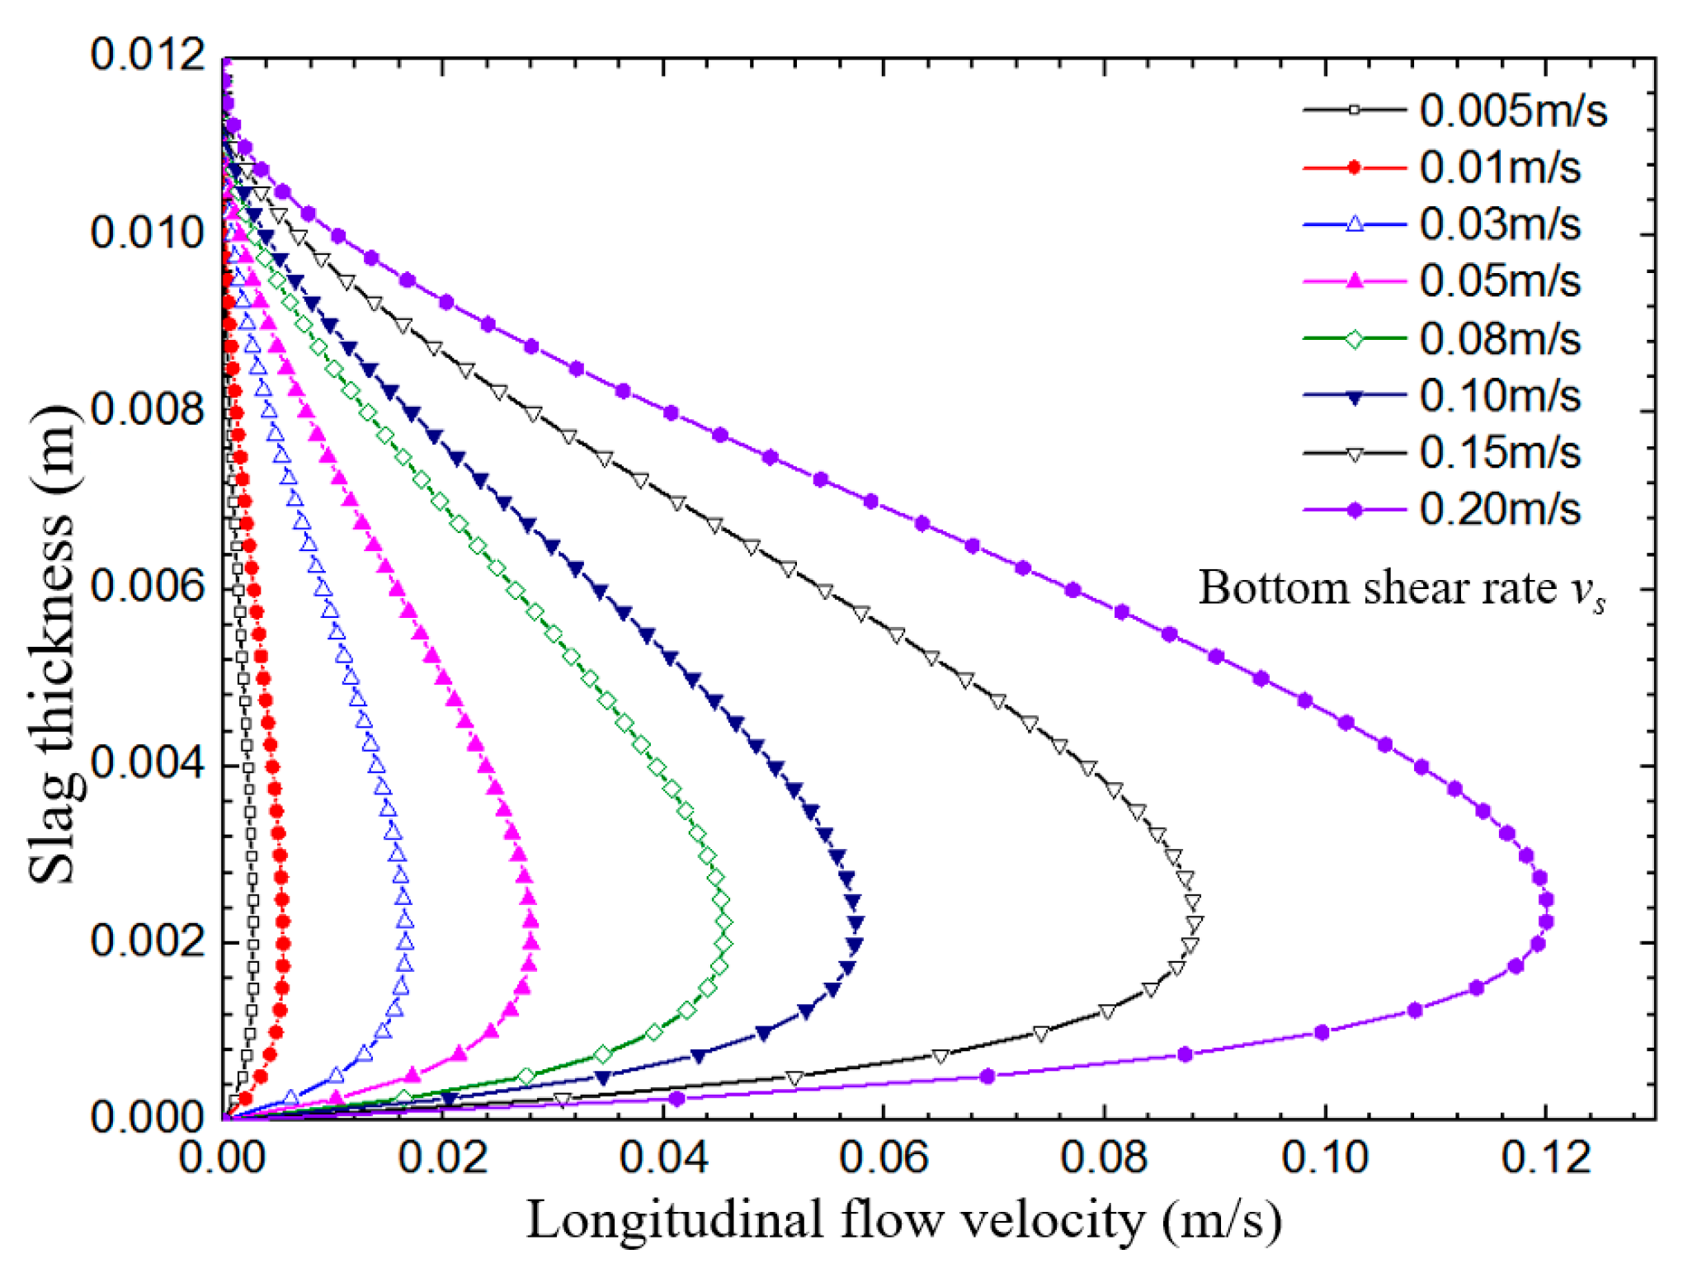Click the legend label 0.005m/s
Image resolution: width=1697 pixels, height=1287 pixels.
[x=1512, y=111]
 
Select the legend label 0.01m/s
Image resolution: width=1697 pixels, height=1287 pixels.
[x=1499, y=167]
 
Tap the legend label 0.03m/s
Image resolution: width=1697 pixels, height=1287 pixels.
[x=1499, y=224]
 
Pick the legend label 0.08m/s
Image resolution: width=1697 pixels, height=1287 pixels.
[x=1499, y=339]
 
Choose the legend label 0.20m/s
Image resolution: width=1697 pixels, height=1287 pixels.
[x=1499, y=510]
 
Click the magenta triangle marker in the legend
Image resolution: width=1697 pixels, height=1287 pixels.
[x=1354, y=281]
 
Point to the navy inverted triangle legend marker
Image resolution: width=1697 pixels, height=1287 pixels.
[x=1354, y=397]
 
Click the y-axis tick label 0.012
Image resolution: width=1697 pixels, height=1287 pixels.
[x=148, y=55]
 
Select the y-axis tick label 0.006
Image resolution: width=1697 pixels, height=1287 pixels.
[x=148, y=587]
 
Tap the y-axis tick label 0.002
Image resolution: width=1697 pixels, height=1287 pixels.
[x=148, y=940]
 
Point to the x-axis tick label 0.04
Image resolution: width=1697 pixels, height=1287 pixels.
[x=662, y=1158]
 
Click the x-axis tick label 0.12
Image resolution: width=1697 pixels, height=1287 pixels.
[x=1544, y=1158]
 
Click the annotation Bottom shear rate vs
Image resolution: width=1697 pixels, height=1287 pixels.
[x=1401, y=590]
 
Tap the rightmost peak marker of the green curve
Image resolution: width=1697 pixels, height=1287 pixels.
[x=725, y=922]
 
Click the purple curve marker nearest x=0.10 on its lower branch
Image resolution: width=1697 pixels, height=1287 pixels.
[x=1322, y=1032]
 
